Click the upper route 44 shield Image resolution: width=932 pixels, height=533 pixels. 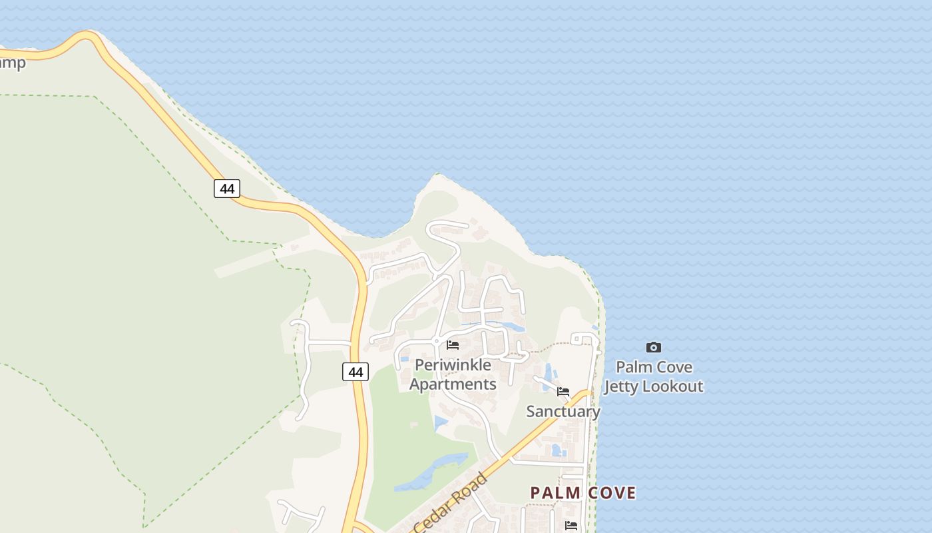[x=227, y=189]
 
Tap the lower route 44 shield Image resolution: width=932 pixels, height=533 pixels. [x=355, y=372]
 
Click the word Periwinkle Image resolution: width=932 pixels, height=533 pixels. [x=453, y=365]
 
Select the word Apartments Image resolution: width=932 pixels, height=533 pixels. [x=453, y=384]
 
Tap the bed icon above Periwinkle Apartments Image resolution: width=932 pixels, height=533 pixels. [x=453, y=345]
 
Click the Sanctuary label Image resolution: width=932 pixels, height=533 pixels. [x=563, y=411]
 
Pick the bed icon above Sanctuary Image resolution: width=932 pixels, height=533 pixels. [x=563, y=392]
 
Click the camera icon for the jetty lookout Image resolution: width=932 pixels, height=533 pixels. [x=654, y=347]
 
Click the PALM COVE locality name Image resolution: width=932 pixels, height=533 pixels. [x=582, y=493]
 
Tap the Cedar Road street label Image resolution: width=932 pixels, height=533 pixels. [x=451, y=504]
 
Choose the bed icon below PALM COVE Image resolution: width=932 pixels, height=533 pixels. [x=571, y=526]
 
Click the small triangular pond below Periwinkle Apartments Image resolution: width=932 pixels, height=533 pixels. [x=440, y=422]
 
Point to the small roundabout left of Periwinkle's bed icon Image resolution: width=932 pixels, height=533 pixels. [x=436, y=342]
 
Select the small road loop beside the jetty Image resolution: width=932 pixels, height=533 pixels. [x=582, y=340]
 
